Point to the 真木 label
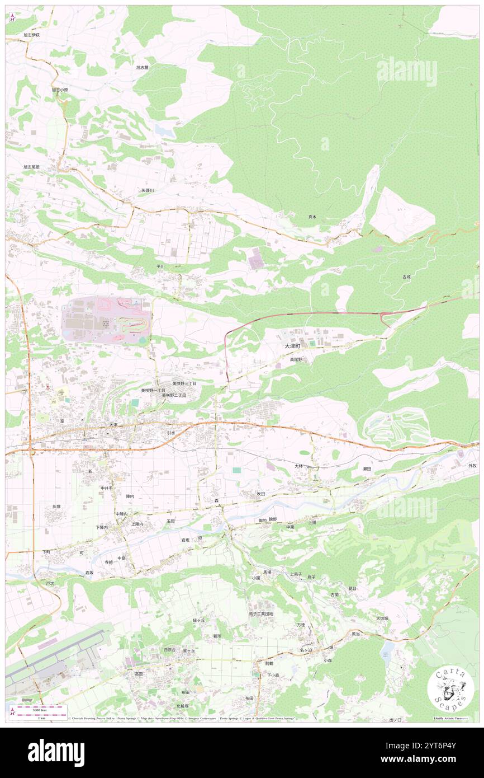[x=312, y=217]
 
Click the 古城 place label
[x=406, y=276]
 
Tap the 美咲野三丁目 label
[x=184, y=383]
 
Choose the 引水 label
[x=171, y=433]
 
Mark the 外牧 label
[x=472, y=466]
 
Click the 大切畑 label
[x=382, y=618]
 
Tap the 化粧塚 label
[x=182, y=706]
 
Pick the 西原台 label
[x=170, y=650]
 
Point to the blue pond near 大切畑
[x=387, y=650]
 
